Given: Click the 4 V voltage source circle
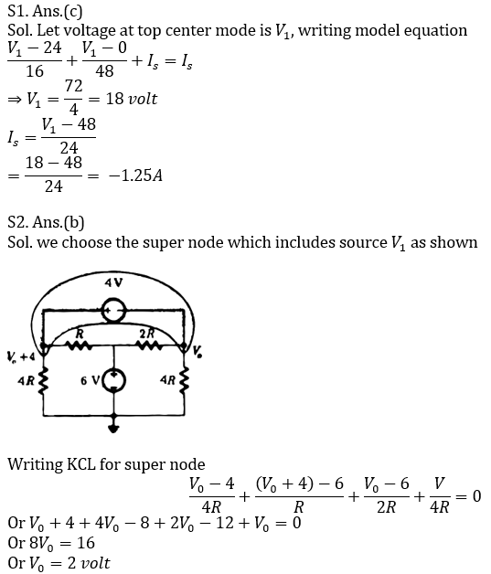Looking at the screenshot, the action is click(114, 311).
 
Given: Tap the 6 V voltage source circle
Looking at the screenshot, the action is click(114, 381).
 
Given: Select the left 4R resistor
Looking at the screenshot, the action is click(44, 381).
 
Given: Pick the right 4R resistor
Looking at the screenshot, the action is click(184, 381).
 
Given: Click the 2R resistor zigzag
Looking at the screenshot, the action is click(149, 345).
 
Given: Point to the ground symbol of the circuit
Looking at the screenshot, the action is click(114, 427).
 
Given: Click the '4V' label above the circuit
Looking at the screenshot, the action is click(113, 282).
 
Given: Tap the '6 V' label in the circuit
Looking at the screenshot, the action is click(90, 381).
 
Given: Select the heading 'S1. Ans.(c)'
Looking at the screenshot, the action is click(45, 11).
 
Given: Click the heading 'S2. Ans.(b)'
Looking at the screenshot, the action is click(46, 222).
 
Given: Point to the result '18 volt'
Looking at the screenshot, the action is click(132, 100).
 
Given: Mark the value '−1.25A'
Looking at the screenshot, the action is click(135, 175).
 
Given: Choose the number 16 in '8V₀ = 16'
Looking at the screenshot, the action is click(86, 543).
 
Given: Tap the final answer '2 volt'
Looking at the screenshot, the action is click(89, 563).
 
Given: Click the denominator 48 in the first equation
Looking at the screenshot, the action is click(104, 71).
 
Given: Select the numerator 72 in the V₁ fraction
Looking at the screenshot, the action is click(73, 87).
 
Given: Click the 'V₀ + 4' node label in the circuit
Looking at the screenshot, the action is click(21, 356).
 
